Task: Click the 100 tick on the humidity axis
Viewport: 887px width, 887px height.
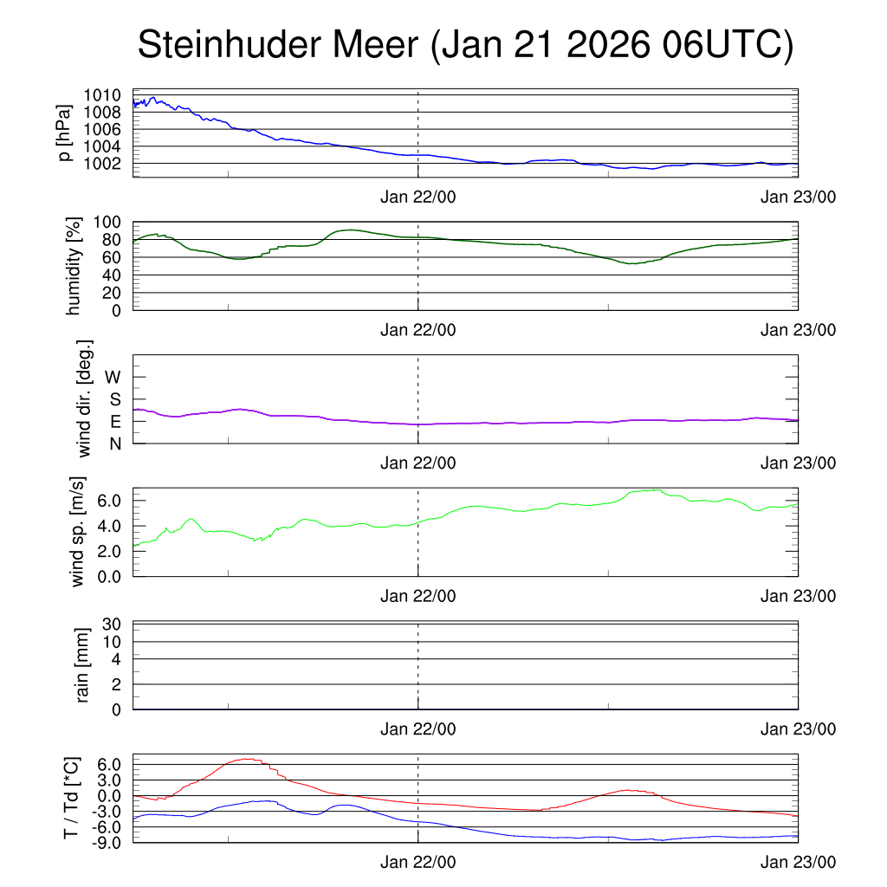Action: (108, 222)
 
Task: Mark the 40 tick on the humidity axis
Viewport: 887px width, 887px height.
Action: (113, 275)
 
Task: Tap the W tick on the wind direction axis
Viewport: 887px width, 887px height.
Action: (113, 377)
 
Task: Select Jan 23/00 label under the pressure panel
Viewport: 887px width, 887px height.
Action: (798, 197)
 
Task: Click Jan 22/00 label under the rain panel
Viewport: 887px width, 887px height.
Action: (418, 729)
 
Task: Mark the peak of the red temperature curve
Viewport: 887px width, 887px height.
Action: (249, 759)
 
